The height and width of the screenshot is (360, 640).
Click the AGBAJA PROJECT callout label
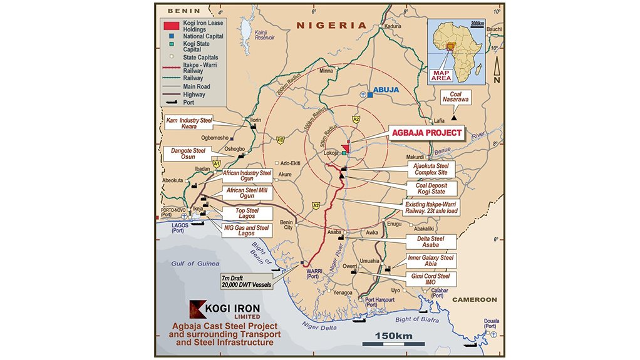[426, 133]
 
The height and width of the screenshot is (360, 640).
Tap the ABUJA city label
[386, 90]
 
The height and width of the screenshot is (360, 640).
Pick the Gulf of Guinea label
[198, 264]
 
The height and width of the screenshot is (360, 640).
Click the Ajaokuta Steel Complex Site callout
[431, 169]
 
